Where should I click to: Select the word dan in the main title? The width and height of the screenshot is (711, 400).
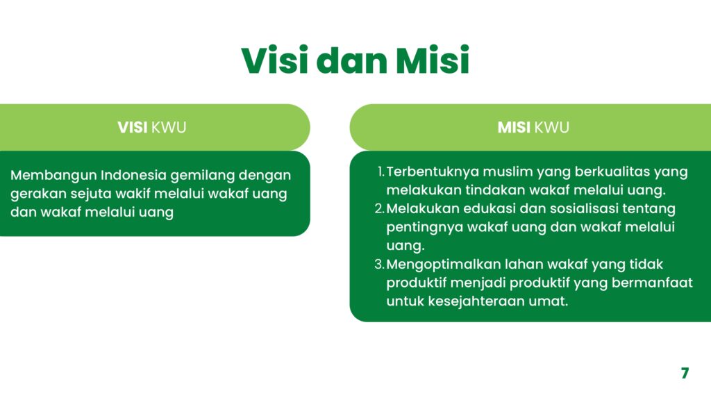click(x=352, y=60)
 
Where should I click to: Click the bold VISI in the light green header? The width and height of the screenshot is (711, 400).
click(x=133, y=128)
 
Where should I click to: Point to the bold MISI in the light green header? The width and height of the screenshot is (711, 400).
click(x=514, y=128)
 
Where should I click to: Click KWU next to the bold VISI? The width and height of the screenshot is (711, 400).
click(x=169, y=128)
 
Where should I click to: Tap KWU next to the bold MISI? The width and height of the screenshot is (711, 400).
click(x=552, y=128)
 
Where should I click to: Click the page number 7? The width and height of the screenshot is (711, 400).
click(x=685, y=373)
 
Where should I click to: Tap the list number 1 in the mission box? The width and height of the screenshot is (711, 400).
click(x=381, y=172)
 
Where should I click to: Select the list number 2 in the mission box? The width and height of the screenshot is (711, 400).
click(x=380, y=209)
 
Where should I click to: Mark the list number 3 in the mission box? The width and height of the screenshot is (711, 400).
click(x=380, y=265)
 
